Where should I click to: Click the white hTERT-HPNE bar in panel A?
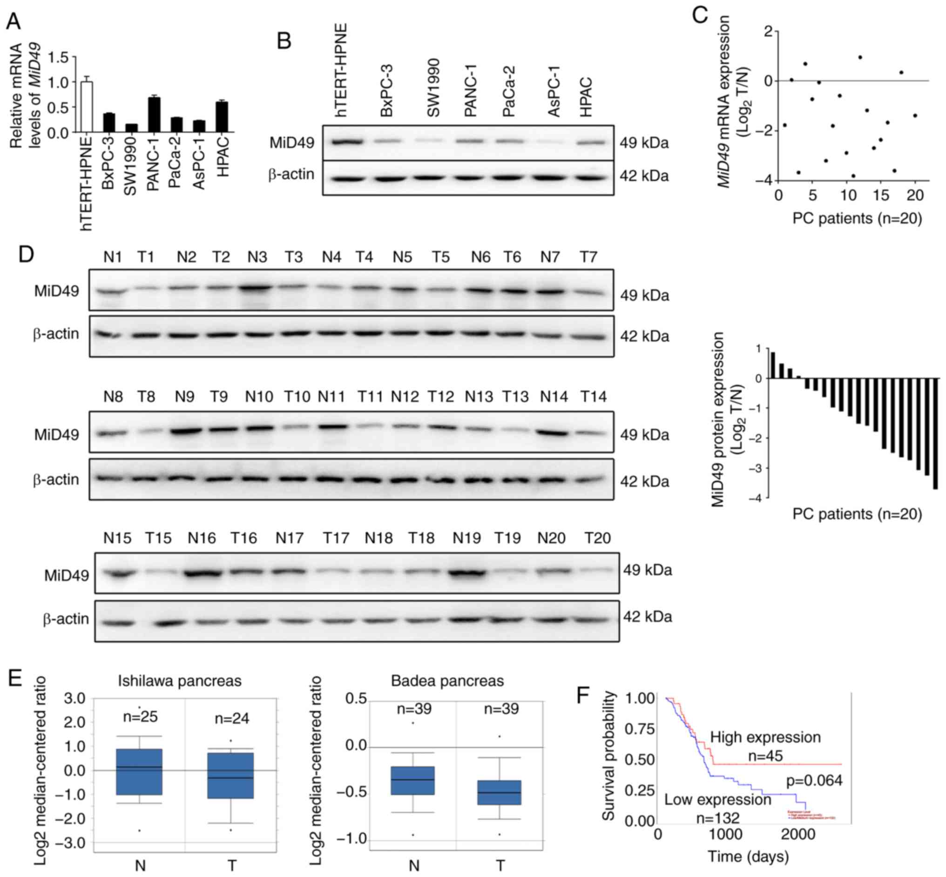(87, 107)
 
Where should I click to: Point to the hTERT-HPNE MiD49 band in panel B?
(341, 142)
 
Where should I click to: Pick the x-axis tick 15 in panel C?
(881, 196)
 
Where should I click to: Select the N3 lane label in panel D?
(257, 258)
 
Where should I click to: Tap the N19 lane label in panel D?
(466, 538)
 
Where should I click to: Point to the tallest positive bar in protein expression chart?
(773, 365)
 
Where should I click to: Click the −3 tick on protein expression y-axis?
(755, 468)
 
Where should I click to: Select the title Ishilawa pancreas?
(179, 681)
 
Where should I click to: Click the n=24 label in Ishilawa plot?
(232, 718)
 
